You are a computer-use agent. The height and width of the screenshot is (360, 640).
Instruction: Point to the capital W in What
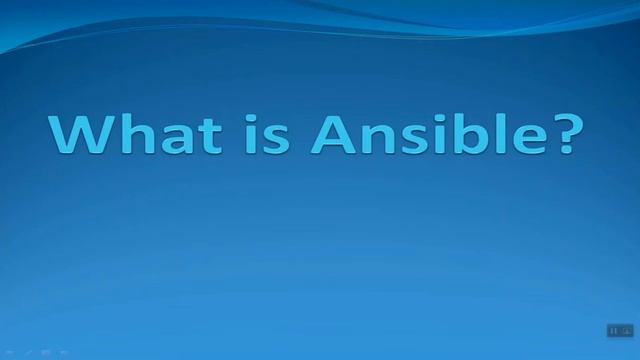pos(79,133)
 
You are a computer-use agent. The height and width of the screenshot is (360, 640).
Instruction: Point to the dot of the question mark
pos(556,152)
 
